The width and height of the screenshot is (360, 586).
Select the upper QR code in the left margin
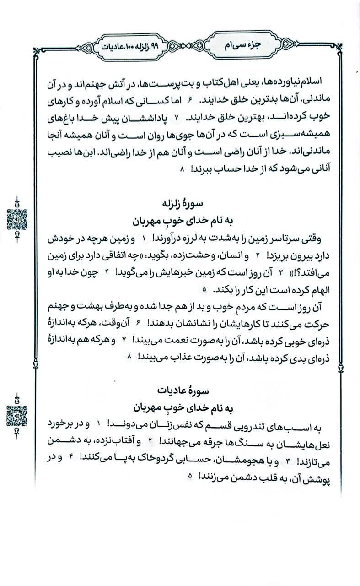17,218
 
